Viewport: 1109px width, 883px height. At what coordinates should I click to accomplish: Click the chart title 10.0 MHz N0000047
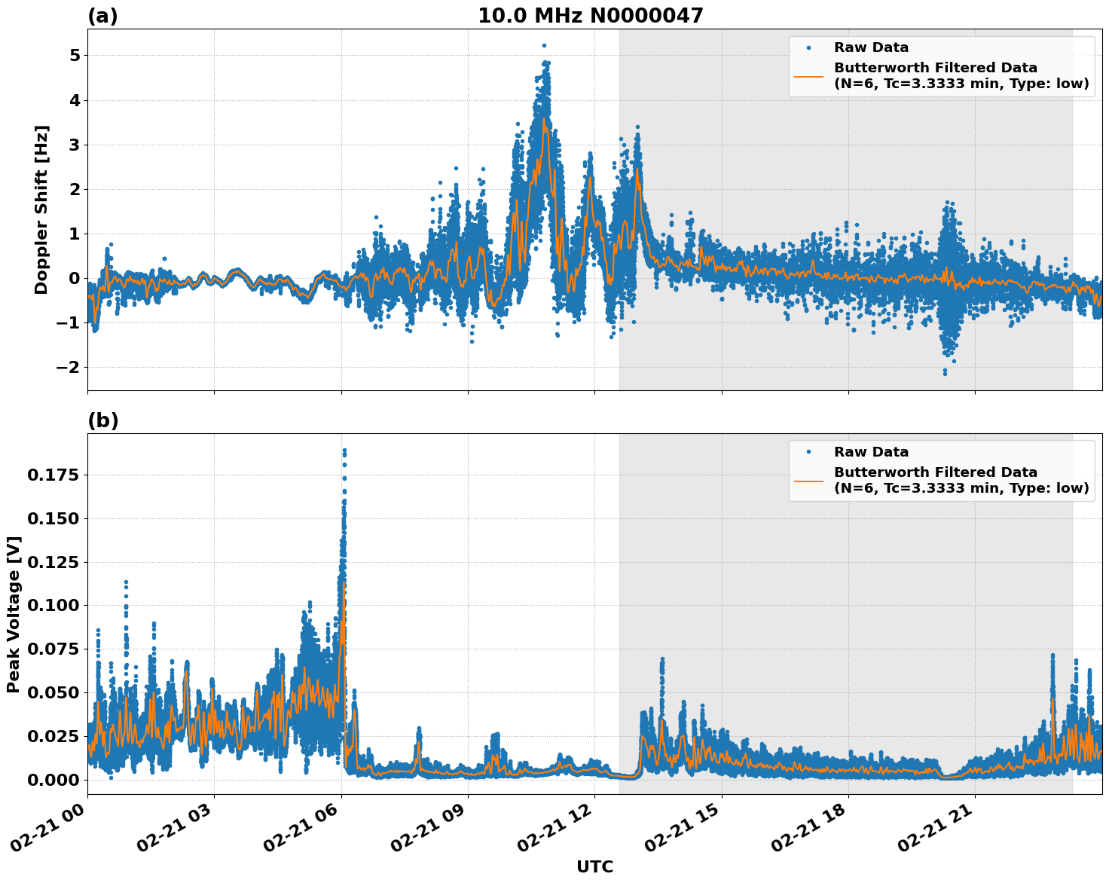590,16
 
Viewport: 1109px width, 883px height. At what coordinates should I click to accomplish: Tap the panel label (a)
102,16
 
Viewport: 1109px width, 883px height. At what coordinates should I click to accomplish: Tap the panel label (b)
102,420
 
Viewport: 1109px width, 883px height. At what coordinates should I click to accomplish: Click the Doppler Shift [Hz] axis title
41,209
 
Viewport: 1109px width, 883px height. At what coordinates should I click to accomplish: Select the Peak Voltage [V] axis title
13,614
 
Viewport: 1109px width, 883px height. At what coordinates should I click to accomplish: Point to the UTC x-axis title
594,866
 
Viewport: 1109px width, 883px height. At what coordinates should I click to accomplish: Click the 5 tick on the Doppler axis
75,56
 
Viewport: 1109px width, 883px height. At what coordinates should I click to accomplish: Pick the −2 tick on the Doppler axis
69,368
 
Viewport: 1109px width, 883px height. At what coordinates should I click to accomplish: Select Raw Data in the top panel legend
871,48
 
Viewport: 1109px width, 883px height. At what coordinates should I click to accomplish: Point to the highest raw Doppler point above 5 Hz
544,46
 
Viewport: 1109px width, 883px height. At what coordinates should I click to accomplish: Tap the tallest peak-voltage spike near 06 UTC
344,451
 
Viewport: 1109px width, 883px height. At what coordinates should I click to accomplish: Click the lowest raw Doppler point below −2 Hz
945,374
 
